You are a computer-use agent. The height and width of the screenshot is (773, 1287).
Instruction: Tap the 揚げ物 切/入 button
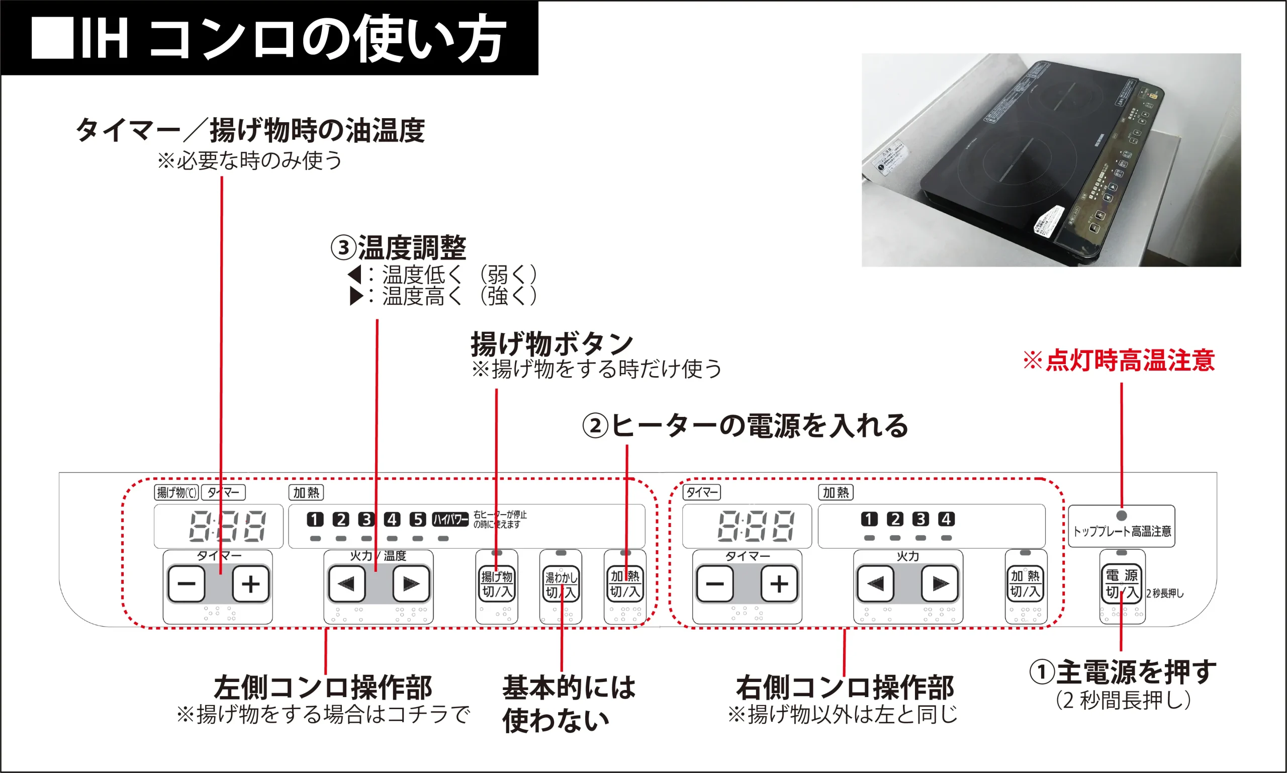point(497,584)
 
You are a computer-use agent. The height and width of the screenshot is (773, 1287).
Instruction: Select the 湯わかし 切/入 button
point(561,584)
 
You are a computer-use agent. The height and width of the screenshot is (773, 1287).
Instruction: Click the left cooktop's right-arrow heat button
point(410,584)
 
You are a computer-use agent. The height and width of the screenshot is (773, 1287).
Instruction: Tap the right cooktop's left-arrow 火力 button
point(875,584)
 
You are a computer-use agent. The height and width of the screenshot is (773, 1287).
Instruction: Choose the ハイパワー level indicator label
point(450,520)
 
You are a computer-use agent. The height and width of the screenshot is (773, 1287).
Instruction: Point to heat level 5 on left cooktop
point(418,520)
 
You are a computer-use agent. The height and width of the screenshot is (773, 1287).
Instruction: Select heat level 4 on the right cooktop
point(946,519)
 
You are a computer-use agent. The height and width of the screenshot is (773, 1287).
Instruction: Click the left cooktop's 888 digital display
point(228,526)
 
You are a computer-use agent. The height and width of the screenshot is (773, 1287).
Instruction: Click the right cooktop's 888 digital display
point(756,526)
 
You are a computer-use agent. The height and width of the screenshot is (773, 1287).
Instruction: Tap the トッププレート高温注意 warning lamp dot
point(1122,515)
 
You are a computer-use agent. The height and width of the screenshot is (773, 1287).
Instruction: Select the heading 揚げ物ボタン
point(552,344)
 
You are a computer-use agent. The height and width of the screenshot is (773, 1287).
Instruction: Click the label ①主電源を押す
point(1123,672)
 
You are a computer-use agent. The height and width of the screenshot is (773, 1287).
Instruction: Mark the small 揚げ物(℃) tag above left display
point(176,492)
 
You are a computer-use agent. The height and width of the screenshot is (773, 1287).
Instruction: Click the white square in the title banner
point(52,38)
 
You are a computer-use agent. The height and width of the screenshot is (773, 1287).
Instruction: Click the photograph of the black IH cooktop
point(1051,160)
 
